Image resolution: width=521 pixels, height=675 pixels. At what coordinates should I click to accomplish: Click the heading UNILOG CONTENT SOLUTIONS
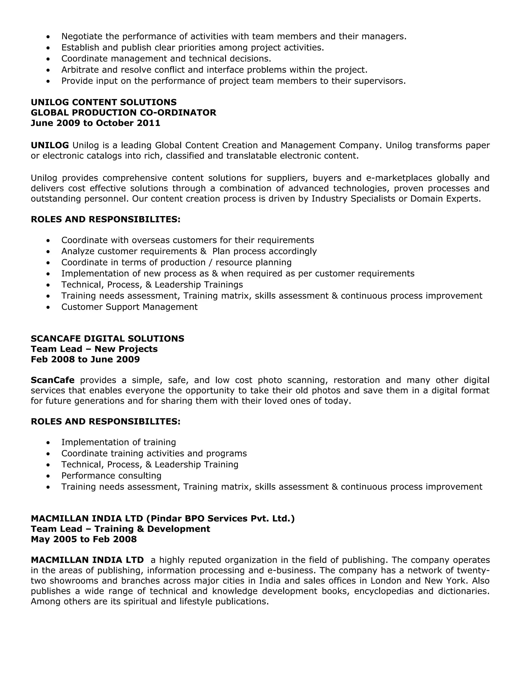coord(104,102)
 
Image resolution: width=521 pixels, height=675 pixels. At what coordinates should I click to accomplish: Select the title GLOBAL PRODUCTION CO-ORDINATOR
coord(123,113)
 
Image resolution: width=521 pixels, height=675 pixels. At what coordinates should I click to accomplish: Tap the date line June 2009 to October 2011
coord(95,123)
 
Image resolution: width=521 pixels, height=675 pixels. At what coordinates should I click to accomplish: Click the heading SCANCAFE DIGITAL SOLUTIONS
coord(107,339)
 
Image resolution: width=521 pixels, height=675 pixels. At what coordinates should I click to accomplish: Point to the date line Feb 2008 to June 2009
coord(85,359)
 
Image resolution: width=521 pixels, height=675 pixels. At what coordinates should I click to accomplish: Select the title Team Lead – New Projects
coord(94,349)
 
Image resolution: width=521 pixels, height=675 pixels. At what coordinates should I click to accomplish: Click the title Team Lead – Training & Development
coord(120,529)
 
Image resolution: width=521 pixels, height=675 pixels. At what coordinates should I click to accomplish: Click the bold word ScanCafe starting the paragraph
coord(52,380)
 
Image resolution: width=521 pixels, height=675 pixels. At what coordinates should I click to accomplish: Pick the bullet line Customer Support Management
coord(129,307)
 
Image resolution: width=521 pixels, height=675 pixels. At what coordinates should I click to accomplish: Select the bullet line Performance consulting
coord(111,476)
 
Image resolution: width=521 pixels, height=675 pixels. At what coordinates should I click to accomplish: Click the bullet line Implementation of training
coord(119,442)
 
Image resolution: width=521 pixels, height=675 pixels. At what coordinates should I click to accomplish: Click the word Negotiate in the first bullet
coord(82,36)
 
